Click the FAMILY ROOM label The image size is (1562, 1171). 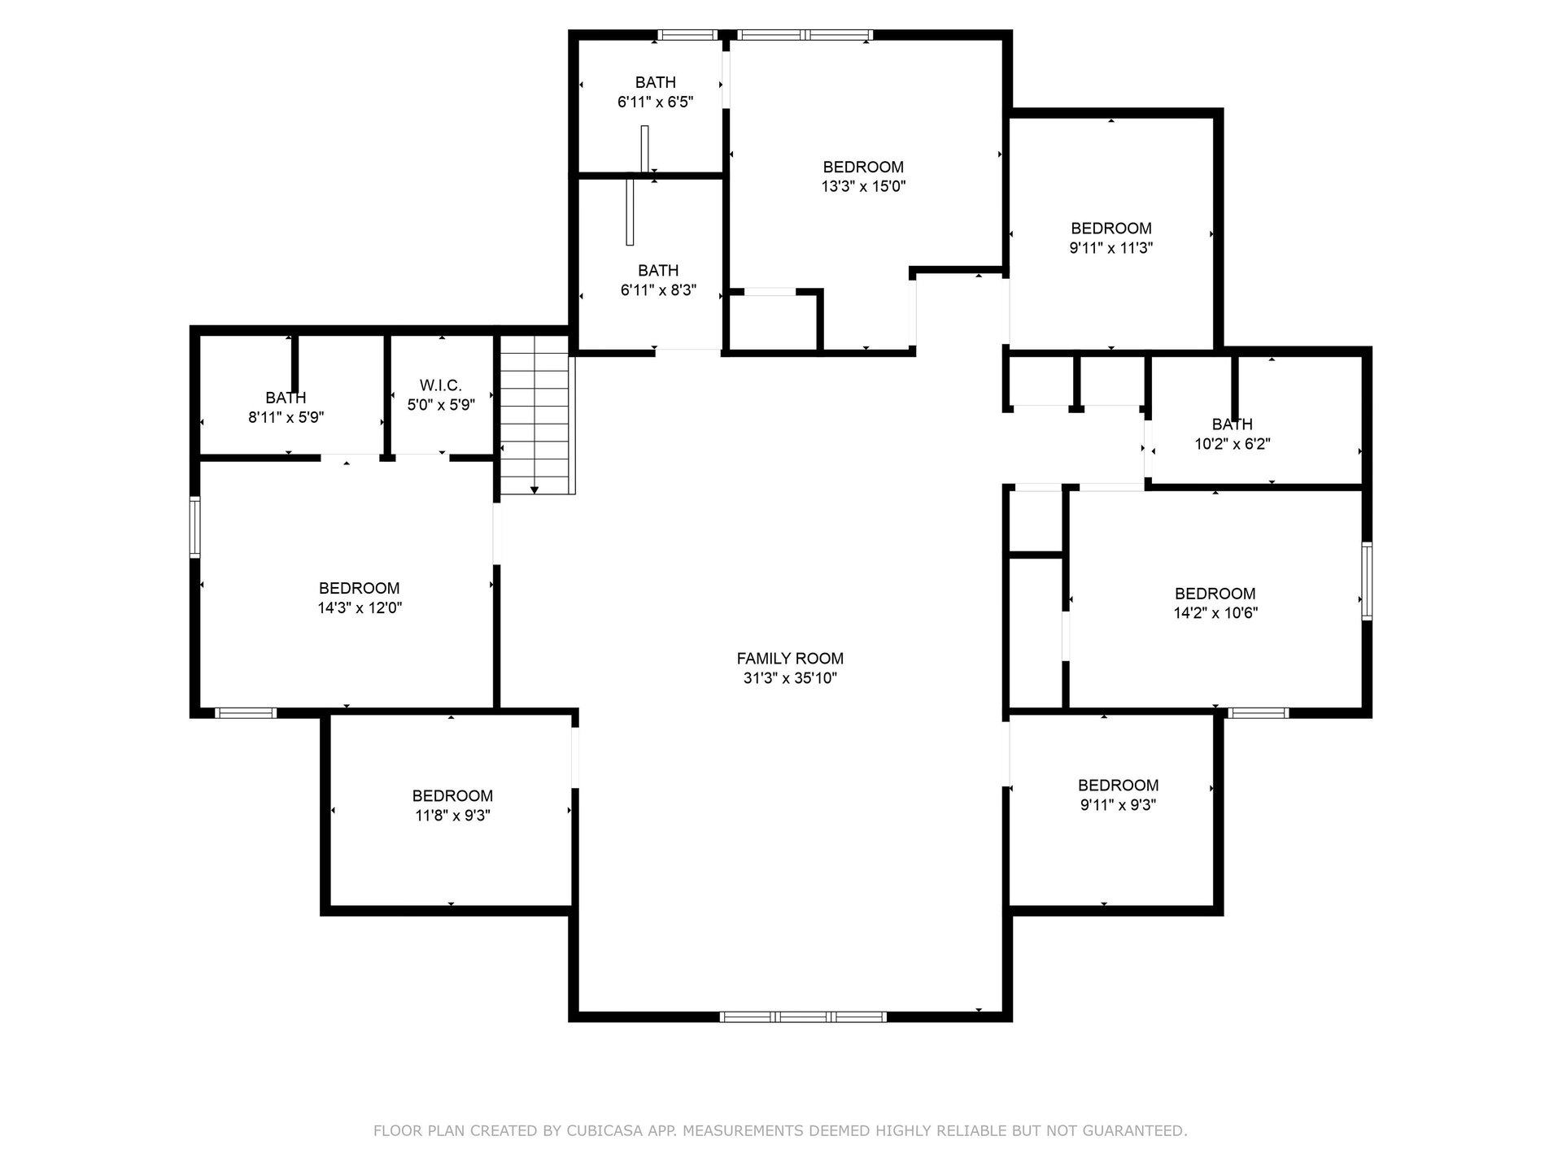tap(790, 659)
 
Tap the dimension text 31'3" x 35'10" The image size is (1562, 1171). tap(790, 678)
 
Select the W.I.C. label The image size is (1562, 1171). tap(441, 385)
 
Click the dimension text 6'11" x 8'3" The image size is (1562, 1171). tap(658, 289)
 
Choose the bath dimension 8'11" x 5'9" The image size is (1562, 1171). tap(286, 417)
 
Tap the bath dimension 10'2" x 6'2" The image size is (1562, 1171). tap(1233, 444)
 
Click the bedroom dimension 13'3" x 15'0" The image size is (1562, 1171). tap(863, 186)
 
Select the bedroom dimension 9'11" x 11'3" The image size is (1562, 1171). tap(1111, 248)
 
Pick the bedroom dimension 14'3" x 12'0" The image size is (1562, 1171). tap(360, 607)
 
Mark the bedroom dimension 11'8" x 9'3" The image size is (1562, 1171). tap(452, 816)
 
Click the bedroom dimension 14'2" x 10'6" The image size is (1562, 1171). tap(1215, 613)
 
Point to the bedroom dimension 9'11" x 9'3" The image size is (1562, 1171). tap(1119, 805)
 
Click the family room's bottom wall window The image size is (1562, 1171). tap(803, 1016)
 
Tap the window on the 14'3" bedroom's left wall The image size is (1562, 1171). tap(195, 527)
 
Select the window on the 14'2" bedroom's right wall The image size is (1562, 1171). tap(1367, 581)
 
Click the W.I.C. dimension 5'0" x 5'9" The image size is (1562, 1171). tap(441, 404)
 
